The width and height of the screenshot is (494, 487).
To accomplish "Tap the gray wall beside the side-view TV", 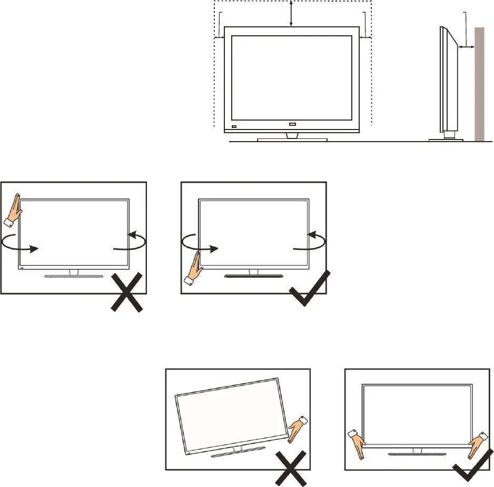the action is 479,84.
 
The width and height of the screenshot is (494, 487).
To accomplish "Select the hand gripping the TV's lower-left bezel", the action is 193,268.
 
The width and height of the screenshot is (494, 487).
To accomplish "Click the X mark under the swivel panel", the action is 126,292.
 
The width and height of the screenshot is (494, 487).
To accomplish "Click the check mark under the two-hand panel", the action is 469,466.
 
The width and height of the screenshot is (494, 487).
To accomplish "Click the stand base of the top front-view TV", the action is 292,140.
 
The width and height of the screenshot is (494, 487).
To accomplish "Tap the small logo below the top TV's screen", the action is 293,125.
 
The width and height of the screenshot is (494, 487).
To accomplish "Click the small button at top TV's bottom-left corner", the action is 234,127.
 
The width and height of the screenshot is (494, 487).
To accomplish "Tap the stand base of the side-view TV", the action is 446,140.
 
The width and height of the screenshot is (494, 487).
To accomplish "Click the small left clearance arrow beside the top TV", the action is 220,37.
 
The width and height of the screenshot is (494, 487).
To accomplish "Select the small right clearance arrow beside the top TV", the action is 364,37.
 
